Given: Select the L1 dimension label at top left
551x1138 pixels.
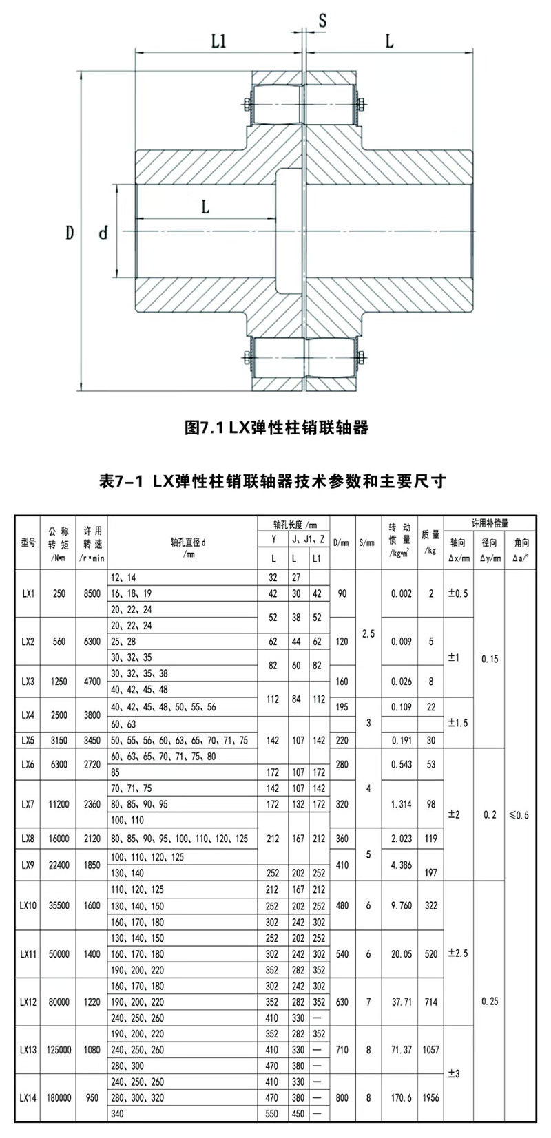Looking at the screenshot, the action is (218, 41).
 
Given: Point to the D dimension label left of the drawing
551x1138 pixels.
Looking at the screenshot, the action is (70, 233).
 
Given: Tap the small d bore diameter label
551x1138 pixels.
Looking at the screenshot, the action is (103, 233).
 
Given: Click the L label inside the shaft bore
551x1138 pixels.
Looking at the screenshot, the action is (205, 206).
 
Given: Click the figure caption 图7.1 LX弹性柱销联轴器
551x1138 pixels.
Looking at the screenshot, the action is (277, 428).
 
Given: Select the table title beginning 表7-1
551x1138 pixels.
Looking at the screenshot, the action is (275, 481).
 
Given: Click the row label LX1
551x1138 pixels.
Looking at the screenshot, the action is (28, 593).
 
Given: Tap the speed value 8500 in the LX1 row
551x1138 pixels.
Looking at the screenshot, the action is (92, 593).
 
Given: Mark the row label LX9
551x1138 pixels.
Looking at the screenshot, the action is (28, 864).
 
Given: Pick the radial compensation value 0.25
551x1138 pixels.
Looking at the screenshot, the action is (490, 1002).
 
